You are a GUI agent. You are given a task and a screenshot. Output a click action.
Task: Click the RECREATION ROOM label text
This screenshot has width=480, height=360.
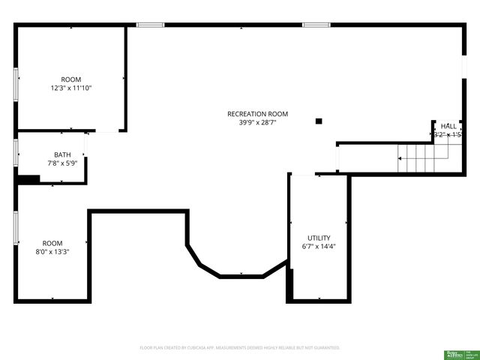pos(257,114)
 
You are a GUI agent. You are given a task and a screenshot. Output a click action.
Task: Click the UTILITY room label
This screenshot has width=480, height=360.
pos(319,238)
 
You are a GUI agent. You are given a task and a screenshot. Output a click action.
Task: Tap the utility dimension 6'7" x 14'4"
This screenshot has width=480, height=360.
pos(319,246)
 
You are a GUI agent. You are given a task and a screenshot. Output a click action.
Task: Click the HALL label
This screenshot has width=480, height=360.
pos(448,126)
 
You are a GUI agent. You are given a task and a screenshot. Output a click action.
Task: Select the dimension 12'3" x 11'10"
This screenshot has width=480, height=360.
pos(71,88)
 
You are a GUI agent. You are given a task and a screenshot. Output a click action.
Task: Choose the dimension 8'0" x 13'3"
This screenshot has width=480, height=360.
pos(52,252)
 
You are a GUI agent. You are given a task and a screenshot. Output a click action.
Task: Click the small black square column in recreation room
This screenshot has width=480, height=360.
pos(319,121)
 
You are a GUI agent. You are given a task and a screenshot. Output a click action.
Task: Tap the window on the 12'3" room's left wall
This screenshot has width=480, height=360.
pos(16,83)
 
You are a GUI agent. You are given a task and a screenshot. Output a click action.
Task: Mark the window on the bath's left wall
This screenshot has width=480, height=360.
pos(16,151)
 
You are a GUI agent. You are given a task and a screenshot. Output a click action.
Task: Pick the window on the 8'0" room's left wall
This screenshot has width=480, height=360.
pos(16,228)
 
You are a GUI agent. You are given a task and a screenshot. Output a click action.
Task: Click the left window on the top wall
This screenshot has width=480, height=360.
pos(150,25)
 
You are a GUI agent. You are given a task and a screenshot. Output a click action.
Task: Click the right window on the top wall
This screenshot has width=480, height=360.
pos(316,25)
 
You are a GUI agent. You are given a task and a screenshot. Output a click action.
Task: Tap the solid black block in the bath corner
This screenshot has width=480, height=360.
pos(28,179)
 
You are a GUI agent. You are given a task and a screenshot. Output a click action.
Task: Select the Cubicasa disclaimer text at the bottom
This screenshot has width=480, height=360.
pos(240,348)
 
